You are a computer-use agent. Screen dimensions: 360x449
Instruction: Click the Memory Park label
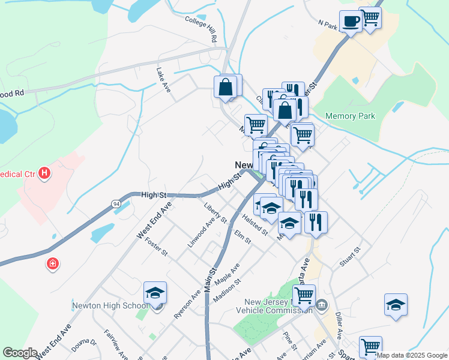click(350, 116)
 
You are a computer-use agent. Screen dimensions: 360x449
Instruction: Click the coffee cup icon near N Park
click(350, 22)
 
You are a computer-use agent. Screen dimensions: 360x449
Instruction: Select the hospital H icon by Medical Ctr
click(44, 175)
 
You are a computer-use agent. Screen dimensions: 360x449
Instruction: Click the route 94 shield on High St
click(116, 205)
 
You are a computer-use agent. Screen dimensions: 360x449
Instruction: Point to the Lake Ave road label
click(163, 80)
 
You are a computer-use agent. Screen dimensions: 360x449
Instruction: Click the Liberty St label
click(215, 213)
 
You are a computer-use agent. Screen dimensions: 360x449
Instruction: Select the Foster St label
click(156, 247)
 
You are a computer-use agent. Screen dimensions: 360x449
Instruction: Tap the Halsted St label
click(255, 226)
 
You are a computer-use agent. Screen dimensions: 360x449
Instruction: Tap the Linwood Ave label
click(200, 233)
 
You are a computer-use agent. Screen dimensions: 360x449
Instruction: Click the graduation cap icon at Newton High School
click(155, 293)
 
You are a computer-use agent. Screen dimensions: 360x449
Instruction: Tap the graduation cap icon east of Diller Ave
click(396, 305)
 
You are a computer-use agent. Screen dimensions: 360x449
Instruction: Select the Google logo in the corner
click(20, 353)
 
